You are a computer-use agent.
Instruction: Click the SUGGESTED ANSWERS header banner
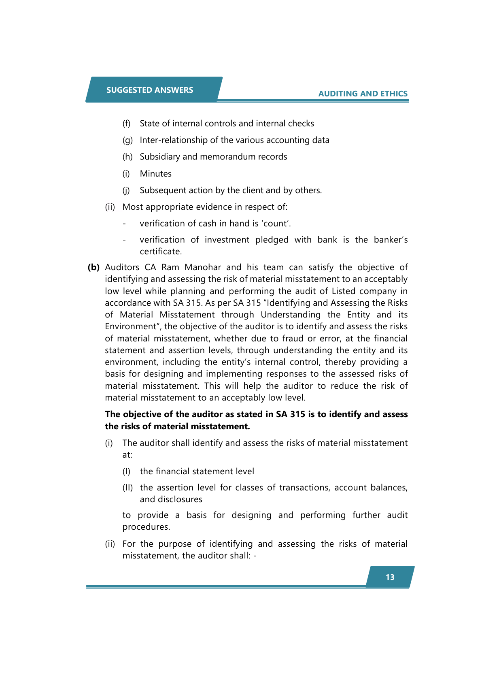(x=150, y=90)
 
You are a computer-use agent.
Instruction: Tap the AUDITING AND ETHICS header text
(x=363, y=94)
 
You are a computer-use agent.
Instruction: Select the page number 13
(x=390, y=577)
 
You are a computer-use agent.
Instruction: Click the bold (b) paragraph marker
(x=93, y=267)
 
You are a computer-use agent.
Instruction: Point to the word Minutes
(x=155, y=174)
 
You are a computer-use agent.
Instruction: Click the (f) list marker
(x=126, y=124)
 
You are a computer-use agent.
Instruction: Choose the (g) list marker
(x=127, y=140)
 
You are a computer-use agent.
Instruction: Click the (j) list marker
(x=126, y=190)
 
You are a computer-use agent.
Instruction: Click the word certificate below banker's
(x=160, y=251)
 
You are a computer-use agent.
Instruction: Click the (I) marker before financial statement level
(x=126, y=471)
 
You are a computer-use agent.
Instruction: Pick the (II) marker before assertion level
(x=127, y=488)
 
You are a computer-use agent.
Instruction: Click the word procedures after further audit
(x=146, y=527)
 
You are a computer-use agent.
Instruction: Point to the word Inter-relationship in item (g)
(x=173, y=140)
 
